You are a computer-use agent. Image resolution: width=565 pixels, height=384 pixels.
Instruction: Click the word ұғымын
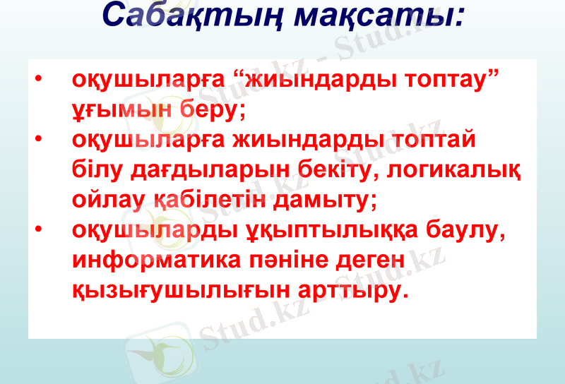pos(123,110)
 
